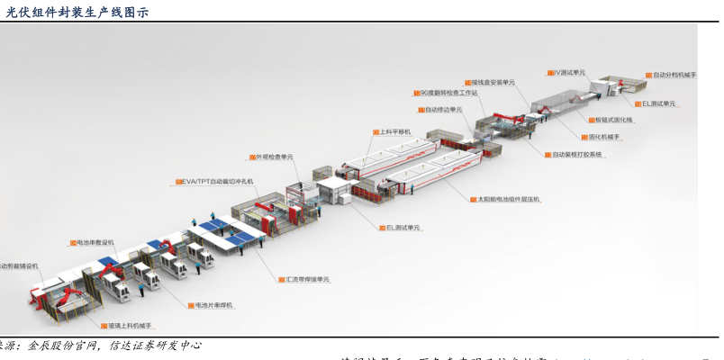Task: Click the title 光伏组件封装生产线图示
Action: (77, 12)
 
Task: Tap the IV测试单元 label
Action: (569, 72)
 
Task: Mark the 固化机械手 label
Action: (604, 137)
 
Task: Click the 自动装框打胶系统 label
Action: (576, 155)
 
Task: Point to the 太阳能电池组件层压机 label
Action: (508, 199)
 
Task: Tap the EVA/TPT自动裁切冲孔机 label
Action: (216, 182)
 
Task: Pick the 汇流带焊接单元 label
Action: (306, 280)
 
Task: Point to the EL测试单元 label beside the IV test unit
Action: (658, 103)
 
